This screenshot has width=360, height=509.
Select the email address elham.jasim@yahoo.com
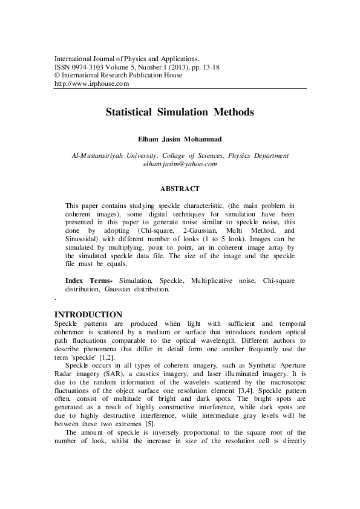pyautogui.click(x=180, y=164)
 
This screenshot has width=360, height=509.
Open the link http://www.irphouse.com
pyautogui.click(x=92, y=83)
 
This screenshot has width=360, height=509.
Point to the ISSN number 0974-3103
pyautogui.click(x=91, y=67)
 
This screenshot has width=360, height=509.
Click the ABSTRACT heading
pyautogui.click(x=180, y=189)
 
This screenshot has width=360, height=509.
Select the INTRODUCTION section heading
pyautogui.click(x=88, y=315)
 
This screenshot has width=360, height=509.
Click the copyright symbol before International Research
pyautogui.click(x=57, y=76)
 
